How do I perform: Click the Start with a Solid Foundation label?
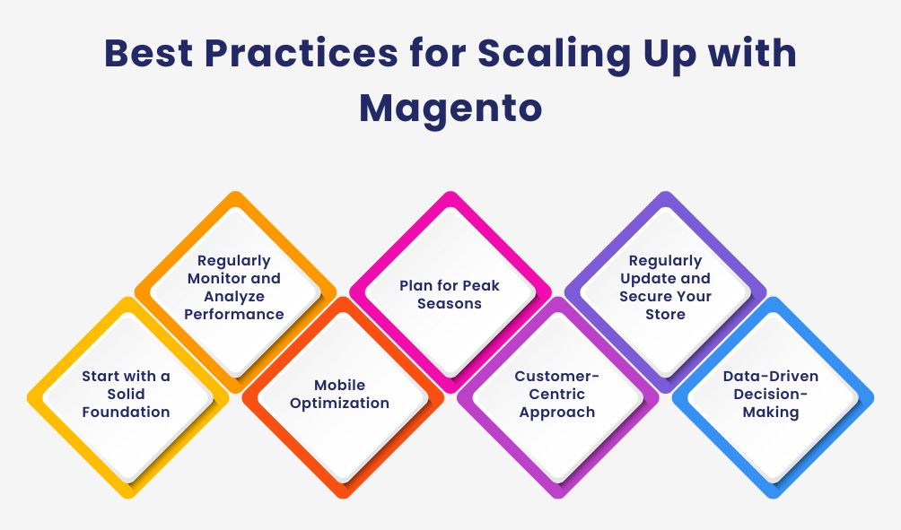(x=126, y=395)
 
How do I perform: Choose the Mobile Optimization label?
(x=341, y=395)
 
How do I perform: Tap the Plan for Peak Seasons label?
(x=450, y=295)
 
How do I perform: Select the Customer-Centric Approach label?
(x=557, y=395)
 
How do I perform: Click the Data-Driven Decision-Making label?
(x=772, y=395)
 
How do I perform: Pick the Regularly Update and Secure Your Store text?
(x=665, y=287)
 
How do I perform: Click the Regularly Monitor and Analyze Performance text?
(x=234, y=287)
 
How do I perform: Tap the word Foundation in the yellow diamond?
(x=126, y=413)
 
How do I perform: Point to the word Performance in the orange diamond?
(x=234, y=314)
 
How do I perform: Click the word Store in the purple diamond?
(x=665, y=314)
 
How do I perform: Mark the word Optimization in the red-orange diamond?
(x=341, y=404)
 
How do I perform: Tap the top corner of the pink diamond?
(x=450, y=191)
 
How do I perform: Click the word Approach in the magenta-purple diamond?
(x=557, y=413)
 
